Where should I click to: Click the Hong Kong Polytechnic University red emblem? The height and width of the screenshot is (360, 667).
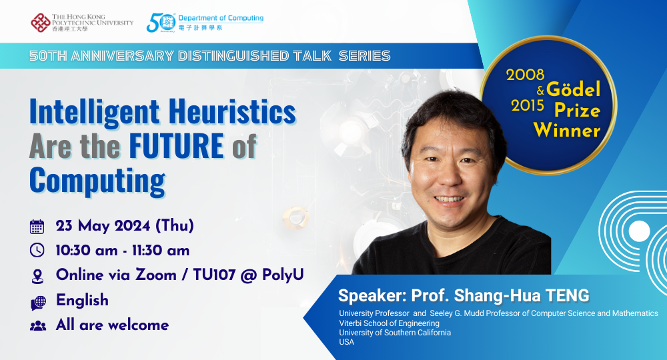[39, 22]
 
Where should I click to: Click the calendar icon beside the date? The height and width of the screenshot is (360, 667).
[37, 227]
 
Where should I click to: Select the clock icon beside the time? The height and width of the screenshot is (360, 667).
[37, 251]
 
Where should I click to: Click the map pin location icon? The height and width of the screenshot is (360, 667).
[37, 275]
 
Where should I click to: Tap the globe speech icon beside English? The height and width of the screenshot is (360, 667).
[38, 301]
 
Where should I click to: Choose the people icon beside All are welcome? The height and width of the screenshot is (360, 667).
[37, 326]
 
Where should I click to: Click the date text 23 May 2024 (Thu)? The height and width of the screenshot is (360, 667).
[125, 226]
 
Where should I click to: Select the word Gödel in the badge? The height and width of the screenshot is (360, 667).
[574, 89]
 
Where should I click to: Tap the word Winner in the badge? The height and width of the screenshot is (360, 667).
[566, 130]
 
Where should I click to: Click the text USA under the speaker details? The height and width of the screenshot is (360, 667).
[347, 342]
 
